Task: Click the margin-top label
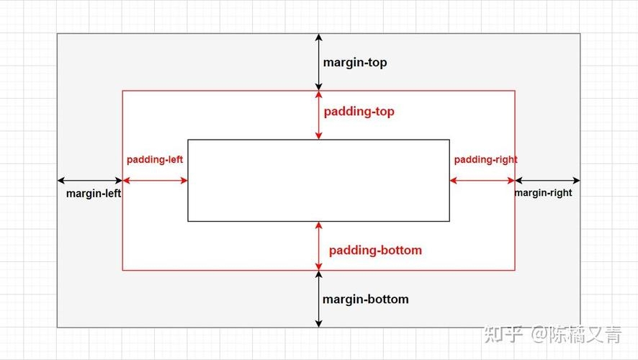[x=355, y=63]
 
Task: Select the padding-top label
[x=359, y=112]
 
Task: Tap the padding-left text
[x=155, y=159]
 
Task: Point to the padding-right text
[x=486, y=159]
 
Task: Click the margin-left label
[x=94, y=193]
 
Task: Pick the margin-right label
[x=543, y=192]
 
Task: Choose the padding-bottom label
[x=375, y=250]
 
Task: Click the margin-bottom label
[x=365, y=300]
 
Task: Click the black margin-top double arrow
[x=318, y=62]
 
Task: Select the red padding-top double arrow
[x=318, y=115]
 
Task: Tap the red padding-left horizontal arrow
[x=155, y=180]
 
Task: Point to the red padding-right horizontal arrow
[x=482, y=180]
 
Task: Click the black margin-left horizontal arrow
[x=90, y=180]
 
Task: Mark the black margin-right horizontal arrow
[x=548, y=180]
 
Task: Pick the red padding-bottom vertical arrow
[x=318, y=246]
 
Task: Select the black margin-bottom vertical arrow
[x=318, y=299]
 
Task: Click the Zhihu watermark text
[x=552, y=334]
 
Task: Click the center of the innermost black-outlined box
[x=318, y=181]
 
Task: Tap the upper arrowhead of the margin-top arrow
[x=318, y=37]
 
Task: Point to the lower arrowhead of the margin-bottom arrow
[x=318, y=324]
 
